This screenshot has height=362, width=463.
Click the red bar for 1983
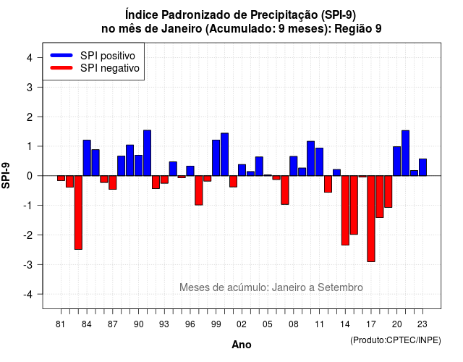[x=78, y=212]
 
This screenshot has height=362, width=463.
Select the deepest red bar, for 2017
[x=371, y=219]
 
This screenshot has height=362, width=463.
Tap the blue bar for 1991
[x=147, y=153]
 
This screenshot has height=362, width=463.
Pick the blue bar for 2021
[x=405, y=153]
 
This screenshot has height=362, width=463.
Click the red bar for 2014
[x=345, y=211]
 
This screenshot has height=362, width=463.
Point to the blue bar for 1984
[x=87, y=158]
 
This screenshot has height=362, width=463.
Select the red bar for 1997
[x=199, y=190]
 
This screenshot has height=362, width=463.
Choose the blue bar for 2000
[x=225, y=154]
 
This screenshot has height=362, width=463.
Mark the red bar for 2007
[x=285, y=190]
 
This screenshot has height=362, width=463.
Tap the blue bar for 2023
[x=422, y=167]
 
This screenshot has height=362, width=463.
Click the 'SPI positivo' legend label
[x=108, y=56]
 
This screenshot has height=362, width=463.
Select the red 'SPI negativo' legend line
[x=61, y=68]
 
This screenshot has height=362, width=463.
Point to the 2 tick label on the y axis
[x=29, y=117]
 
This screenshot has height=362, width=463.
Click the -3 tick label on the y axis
[x=27, y=265]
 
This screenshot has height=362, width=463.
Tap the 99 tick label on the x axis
[x=216, y=324]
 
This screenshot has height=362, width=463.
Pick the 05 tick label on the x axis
[x=268, y=324]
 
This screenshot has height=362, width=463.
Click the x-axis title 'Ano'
[x=242, y=345]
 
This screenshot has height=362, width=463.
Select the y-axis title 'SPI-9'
[x=6, y=175]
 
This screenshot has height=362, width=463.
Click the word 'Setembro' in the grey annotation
[x=340, y=287]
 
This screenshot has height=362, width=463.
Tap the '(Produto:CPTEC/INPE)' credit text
[x=396, y=340]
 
